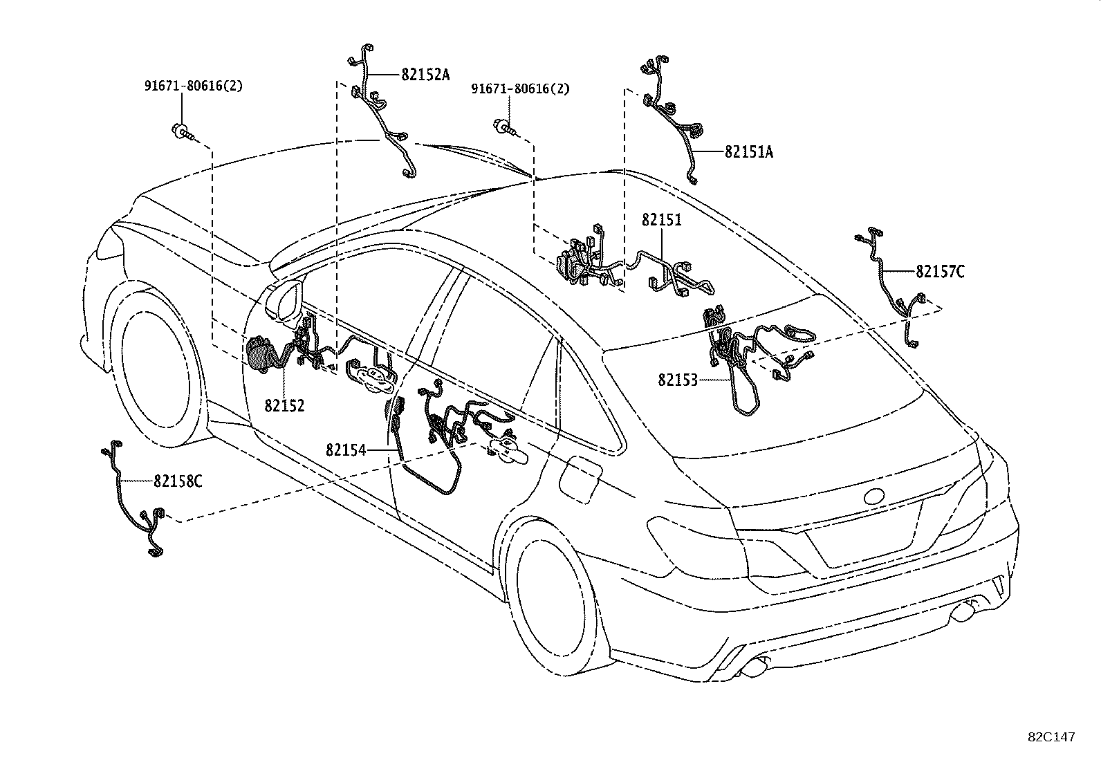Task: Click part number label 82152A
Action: point(425,75)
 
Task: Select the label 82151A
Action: point(748,152)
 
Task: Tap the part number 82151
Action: point(661,220)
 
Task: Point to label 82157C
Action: point(940,272)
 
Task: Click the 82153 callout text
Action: point(678,380)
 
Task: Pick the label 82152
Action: point(284,405)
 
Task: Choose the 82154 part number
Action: point(346,450)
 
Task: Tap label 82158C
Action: point(178,481)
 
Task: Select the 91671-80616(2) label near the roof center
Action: point(521,89)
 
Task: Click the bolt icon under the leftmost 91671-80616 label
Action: point(182,129)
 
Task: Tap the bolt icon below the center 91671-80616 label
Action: point(505,127)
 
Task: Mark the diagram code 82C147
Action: point(1051,737)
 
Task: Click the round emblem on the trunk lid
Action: point(876,496)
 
